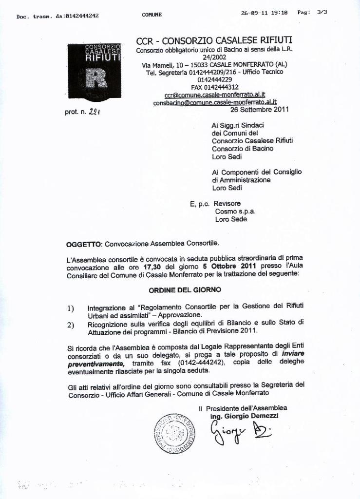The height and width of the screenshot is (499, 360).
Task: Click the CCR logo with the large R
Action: click(x=94, y=71)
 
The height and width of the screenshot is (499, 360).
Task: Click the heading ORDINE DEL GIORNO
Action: click(x=185, y=289)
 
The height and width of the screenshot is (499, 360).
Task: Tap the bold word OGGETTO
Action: click(x=84, y=243)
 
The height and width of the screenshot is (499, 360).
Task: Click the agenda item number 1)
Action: click(x=71, y=308)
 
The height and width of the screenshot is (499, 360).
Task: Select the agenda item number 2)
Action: click(x=71, y=324)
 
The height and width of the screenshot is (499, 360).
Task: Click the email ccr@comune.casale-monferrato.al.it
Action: click(x=214, y=95)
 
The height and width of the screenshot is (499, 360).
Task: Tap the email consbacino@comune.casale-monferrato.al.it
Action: click(x=215, y=102)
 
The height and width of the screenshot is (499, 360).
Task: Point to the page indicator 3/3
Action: click(x=322, y=13)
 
